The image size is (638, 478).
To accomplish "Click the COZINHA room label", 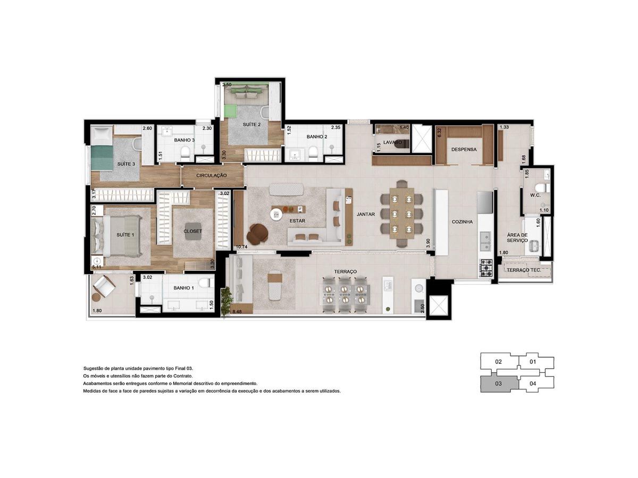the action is (x=462, y=222).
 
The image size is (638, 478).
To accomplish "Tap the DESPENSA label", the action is (x=464, y=150).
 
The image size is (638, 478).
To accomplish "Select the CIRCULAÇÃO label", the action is (x=211, y=176).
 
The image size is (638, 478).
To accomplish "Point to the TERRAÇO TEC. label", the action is (x=524, y=270).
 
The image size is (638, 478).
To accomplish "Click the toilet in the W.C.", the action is (x=543, y=187).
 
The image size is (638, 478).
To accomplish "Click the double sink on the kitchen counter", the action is (x=485, y=241).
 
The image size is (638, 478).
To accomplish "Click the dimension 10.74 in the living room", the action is (x=241, y=247).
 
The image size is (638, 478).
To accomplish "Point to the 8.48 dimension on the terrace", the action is (x=237, y=312).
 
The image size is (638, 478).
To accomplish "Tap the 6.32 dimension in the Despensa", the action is (x=440, y=133).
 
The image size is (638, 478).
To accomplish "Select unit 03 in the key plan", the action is (x=499, y=384).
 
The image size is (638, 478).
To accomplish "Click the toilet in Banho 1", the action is (x=205, y=283).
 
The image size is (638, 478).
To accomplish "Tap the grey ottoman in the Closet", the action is (x=192, y=232).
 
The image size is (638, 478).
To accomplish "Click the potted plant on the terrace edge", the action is (x=226, y=301).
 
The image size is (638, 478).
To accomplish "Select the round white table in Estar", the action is (x=276, y=215).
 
